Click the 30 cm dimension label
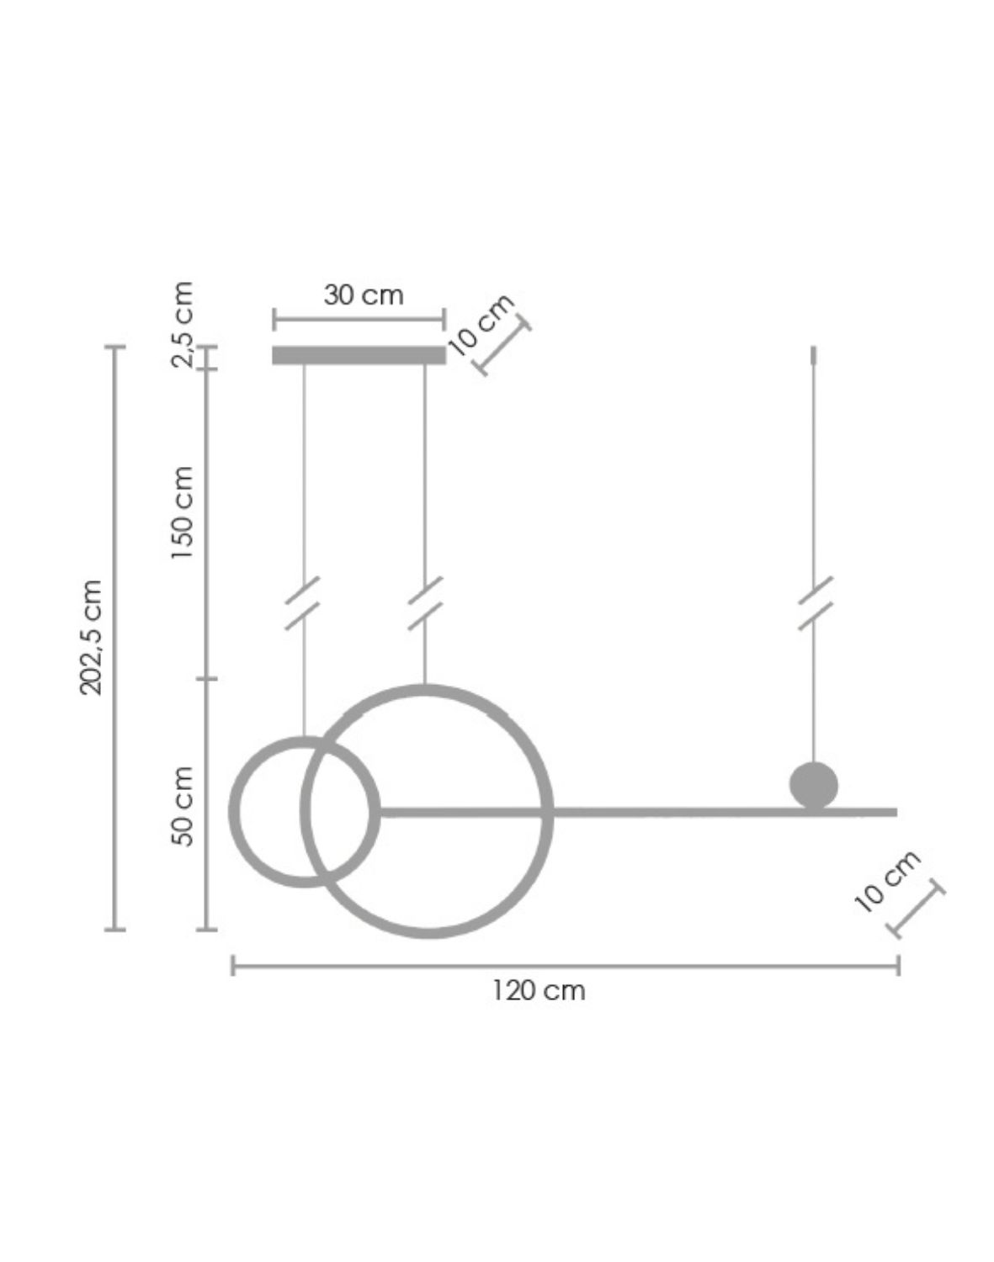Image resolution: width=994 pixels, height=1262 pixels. click(x=364, y=295)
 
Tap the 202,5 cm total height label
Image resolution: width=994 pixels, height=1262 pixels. click(x=91, y=638)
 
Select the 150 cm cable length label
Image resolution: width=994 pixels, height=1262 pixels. click(x=182, y=513)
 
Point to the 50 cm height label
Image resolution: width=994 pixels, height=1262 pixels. click(x=182, y=806)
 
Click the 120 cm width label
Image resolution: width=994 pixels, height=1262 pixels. click(x=538, y=990)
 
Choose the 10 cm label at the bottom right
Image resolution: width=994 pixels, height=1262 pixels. click(x=887, y=882)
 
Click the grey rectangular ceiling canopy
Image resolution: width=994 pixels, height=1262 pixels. click(x=359, y=355)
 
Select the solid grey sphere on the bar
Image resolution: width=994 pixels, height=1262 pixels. click(x=813, y=785)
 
